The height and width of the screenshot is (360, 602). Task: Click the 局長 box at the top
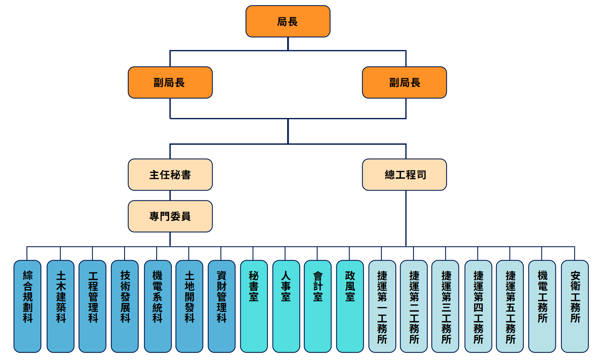[x=288, y=21]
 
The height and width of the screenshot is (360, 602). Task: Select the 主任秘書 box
[x=170, y=175]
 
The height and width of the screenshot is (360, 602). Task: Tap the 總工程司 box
[x=404, y=175]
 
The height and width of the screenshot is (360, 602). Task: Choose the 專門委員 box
[x=170, y=216]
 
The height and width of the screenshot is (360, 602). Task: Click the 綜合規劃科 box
[x=27, y=306]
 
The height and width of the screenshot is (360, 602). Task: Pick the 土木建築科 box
[x=61, y=306]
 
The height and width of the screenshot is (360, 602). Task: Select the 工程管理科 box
[x=92, y=306]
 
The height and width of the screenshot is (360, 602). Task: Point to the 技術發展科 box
[x=125, y=306]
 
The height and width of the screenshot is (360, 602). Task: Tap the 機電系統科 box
[x=158, y=306]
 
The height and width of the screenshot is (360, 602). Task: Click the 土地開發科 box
[x=190, y=306]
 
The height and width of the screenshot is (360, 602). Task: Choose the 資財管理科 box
[x=222, y=306]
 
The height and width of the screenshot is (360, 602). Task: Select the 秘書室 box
[x=254, y=306]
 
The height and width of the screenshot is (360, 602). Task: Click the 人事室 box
[x=286, y=306]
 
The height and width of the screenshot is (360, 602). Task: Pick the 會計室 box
[x=318, y=306]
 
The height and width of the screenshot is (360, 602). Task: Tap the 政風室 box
[x=350, y=306]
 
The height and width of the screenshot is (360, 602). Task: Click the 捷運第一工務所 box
[x=382, y=306]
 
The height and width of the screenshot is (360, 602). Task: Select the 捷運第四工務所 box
[x=478, y=306]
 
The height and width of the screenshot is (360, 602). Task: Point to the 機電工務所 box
[x=542, y=306]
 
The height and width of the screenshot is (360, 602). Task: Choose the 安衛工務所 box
[x=575, y=306]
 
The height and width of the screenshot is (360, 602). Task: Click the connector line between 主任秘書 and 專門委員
[x=170, y=196]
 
